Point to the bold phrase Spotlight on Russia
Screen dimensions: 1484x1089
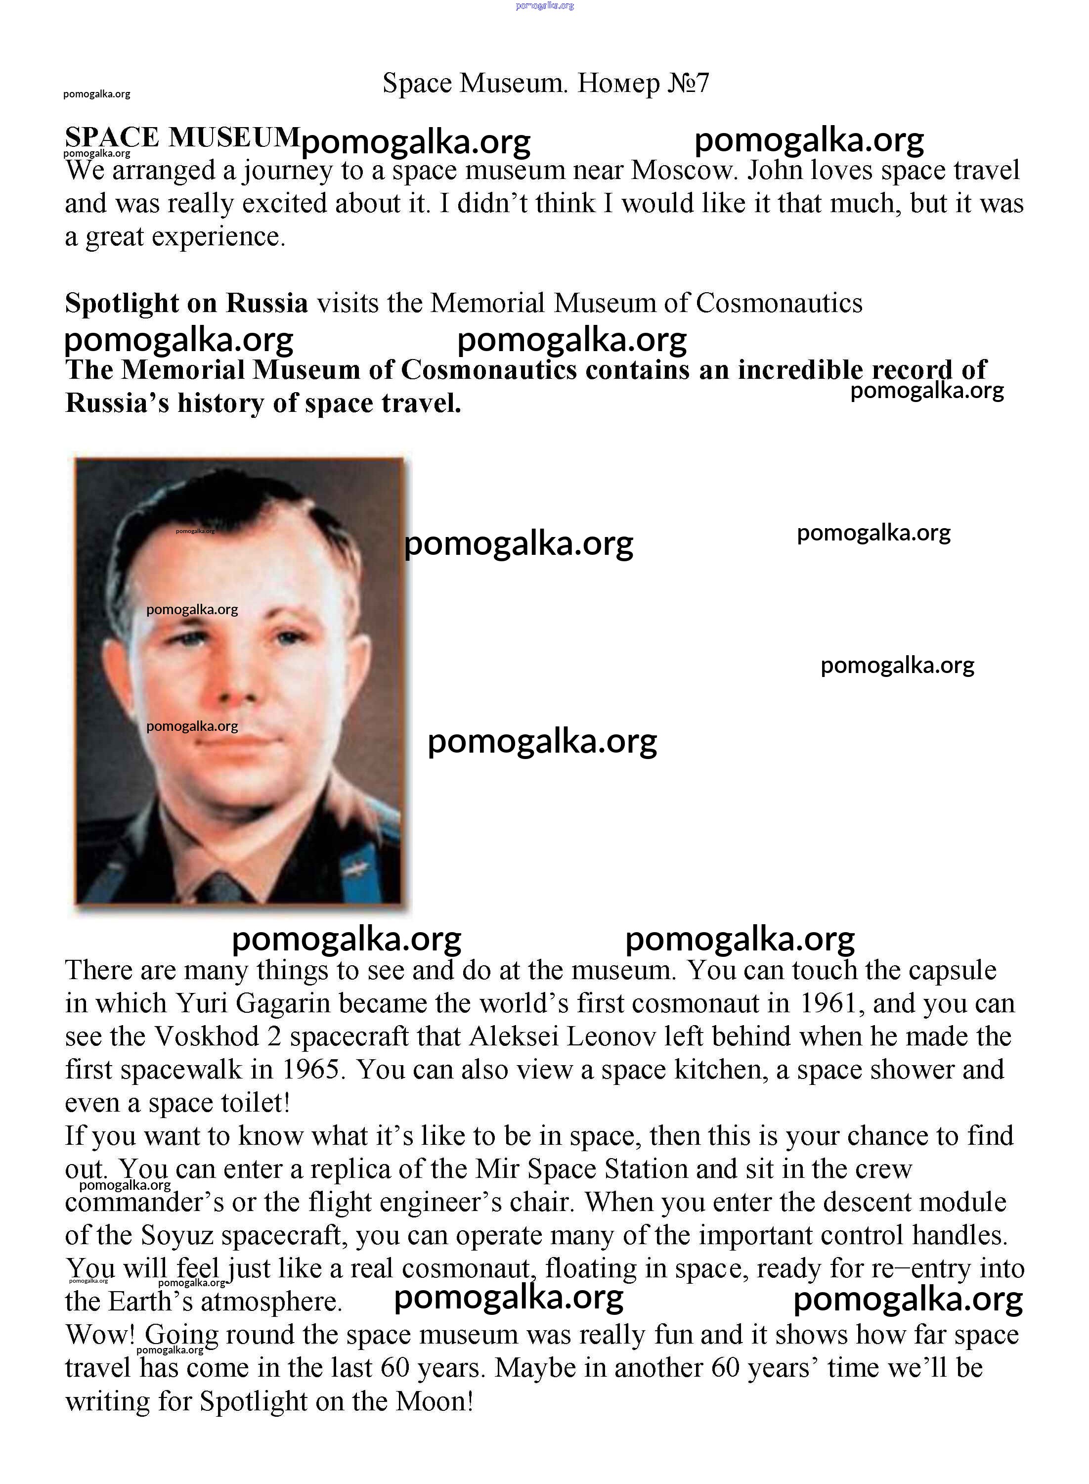pos(186,303)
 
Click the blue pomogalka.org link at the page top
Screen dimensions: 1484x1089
pos(545,5)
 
